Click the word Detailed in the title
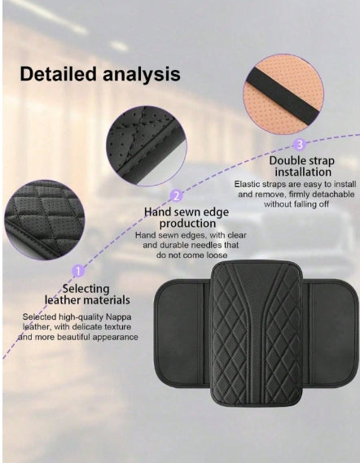[x=58, y=73]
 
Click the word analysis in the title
[x=142, y=75]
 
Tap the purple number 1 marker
[x=78, y=271]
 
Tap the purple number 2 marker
[x=177, y=196]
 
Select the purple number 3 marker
[x=299, y=145]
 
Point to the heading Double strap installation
[x=302, y=166]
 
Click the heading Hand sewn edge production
[x=187, y=217]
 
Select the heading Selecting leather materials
[x=87, y=294]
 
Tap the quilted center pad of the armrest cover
[x=256, y=333]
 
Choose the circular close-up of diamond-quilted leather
[x=44, y=221]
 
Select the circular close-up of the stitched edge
[x=146, y=146]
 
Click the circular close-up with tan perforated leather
[x=283, y=94]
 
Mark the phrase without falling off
[x=296, y=204]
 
